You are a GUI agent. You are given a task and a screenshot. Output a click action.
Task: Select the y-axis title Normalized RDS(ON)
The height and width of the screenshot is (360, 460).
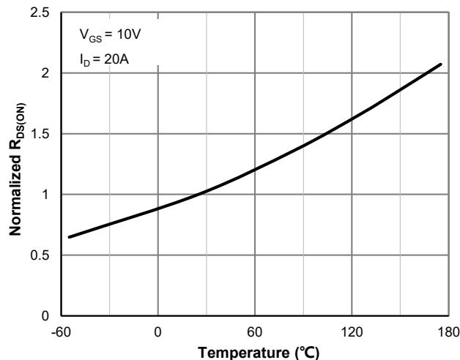pos(15,164)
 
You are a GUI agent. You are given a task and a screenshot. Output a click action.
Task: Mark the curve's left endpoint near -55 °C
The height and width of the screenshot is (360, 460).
pos(70,237)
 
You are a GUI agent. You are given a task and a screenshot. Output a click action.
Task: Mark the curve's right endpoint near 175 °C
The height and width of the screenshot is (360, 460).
pos(441,64)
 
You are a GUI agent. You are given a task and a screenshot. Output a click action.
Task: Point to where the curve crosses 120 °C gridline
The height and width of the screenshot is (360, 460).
pos(352,119)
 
